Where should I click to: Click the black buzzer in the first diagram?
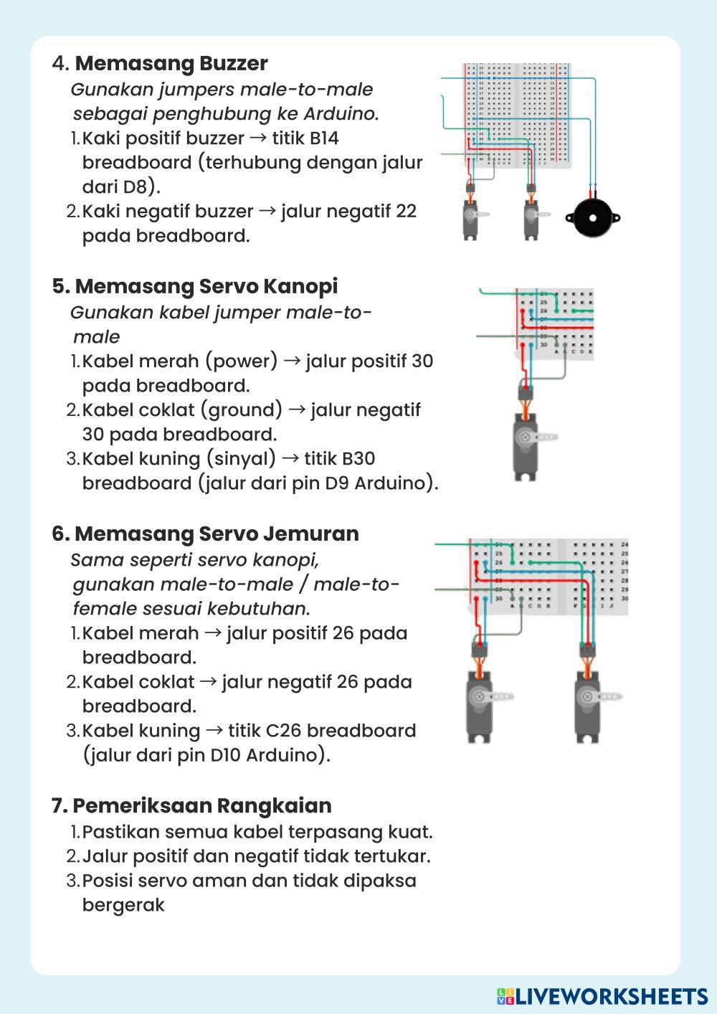pos(592,217)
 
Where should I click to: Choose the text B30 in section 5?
pos(358,458)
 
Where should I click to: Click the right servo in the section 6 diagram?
pos(590,703)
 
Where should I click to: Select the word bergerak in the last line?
pos(123,905)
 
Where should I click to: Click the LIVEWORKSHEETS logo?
pos(602,996)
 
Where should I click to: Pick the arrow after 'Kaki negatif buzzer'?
pos(267,211)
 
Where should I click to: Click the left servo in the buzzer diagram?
pos(470,217)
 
